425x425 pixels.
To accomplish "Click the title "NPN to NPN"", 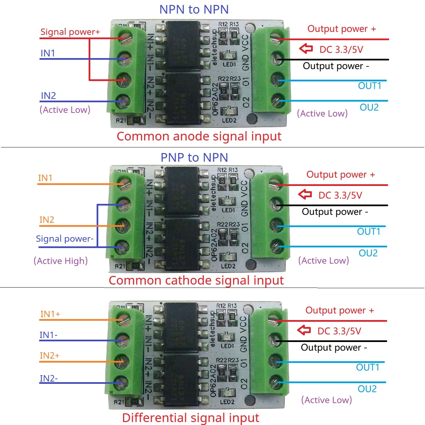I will [x=194, y=10].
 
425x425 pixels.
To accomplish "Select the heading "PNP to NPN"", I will [x=194, y=157].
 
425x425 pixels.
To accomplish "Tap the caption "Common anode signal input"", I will [x=199, y=136].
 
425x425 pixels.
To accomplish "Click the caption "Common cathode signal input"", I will [x=196, y=281].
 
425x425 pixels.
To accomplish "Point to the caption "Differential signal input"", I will [x=191, y=418].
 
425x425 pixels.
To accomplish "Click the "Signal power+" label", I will [x=70, y=32].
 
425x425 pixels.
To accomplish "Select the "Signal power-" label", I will [x=65, y=239].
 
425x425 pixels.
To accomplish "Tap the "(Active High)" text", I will [x=61, y=261].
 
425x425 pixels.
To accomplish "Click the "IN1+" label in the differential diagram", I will [x=50, y=314].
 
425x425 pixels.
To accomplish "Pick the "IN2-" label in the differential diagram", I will [x=48, y=379].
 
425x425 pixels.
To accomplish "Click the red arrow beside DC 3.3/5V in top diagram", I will [x=306, y=49].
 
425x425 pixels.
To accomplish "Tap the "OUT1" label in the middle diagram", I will [x=369, y=231].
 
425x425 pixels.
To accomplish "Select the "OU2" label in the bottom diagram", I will [x=367, y=389].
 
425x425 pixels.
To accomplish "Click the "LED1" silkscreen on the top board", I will [x=229, y=64].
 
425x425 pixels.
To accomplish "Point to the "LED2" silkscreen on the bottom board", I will [x=227, y=402].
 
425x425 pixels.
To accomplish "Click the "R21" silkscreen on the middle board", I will [x=120, y=266].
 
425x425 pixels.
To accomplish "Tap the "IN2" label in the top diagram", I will [x=48, y=96].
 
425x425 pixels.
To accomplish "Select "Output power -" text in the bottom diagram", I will [x=334, y=348].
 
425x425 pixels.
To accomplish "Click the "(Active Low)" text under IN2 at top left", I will [x=65, y=110].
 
